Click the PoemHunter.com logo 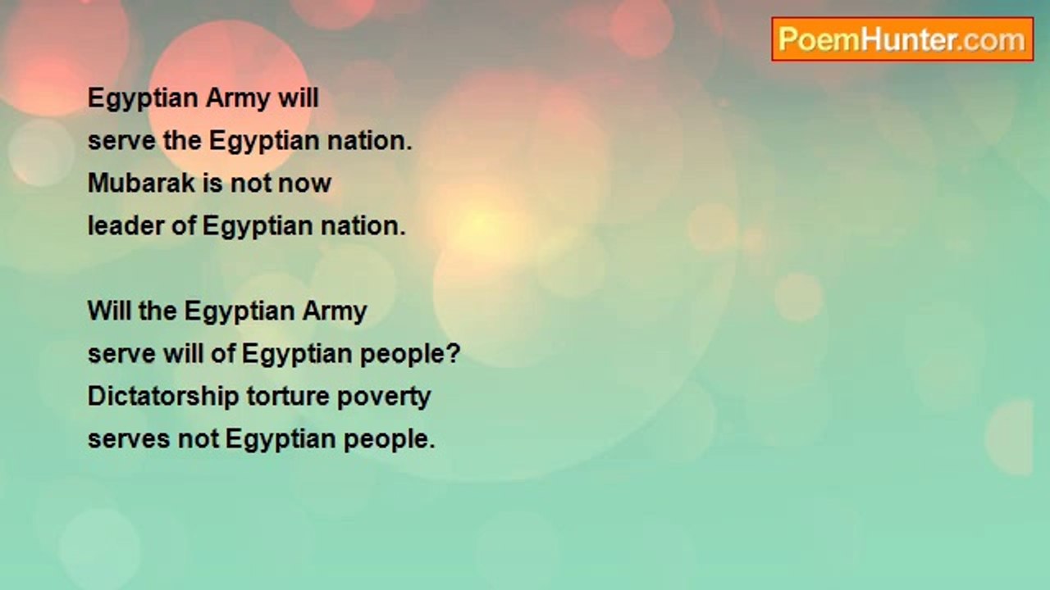902,39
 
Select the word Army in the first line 240,98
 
